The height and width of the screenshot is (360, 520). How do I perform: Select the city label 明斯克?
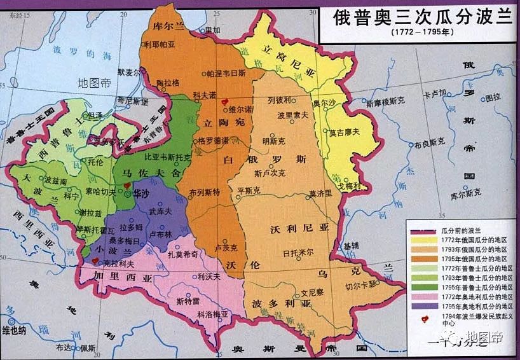(275, 141)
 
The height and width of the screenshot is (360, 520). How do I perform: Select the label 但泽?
(95, 115)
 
